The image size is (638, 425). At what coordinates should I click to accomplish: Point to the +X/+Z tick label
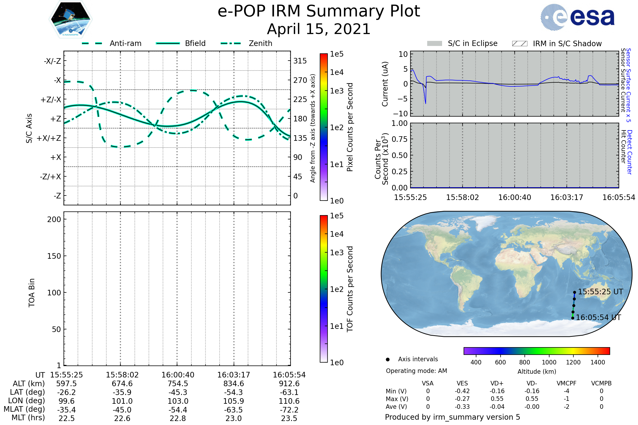tap(49, 138)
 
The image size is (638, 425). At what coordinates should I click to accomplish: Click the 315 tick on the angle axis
tap(300, 61)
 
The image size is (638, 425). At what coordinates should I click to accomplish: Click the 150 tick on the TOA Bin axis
tap(54, 256)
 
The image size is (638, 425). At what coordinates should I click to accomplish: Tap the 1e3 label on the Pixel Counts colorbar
tap(337, 91)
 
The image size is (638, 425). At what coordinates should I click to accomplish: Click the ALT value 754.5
tap(178, 384)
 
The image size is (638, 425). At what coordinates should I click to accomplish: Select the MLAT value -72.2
tap(289, 410)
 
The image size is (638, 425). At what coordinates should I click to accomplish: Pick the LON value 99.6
tap(66, 401)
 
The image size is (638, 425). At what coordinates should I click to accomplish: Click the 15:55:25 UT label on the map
tap(600, 292)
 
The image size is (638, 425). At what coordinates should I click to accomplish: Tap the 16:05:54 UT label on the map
tap(598, 317)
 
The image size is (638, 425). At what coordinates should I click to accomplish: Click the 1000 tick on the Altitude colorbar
tap(549, 362)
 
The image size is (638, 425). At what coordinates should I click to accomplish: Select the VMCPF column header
tap(566, 383)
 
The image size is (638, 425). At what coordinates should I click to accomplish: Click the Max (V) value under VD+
tap(497, 399)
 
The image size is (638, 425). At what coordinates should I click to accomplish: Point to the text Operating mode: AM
tap(416, 371)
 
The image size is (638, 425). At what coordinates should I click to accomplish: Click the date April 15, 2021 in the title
tap(319, 29)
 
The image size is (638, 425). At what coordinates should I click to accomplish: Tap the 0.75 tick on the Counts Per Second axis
tap(400, 139)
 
